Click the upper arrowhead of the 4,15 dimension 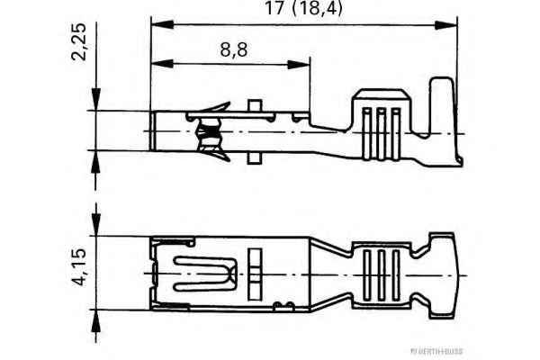[94, 229]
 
